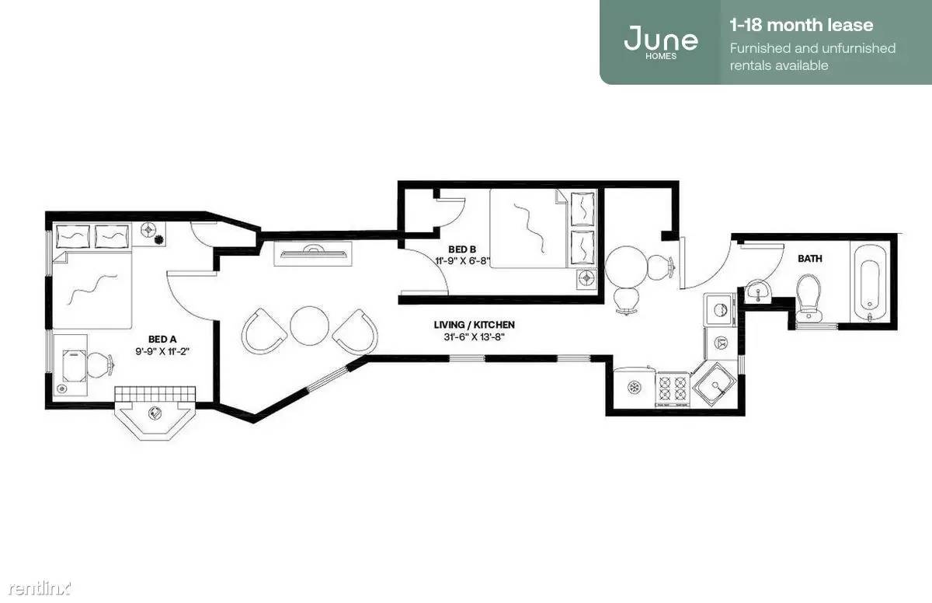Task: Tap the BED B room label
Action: [462, 249]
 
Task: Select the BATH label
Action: [809, 259]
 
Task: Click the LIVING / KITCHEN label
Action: [474, 325]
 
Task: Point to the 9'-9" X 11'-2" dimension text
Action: [162, 351]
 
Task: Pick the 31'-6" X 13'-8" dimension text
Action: [474, 336]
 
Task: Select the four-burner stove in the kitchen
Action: [673, 389]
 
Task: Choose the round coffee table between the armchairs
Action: [309, 326]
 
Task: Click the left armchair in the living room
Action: [263, 331]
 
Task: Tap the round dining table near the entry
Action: [626, 267]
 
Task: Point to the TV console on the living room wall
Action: [313, 253]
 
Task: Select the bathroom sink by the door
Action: [758, 290]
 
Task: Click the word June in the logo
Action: [661, 38]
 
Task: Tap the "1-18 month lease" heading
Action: [802, 25]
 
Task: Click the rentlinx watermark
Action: [39, 588]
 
